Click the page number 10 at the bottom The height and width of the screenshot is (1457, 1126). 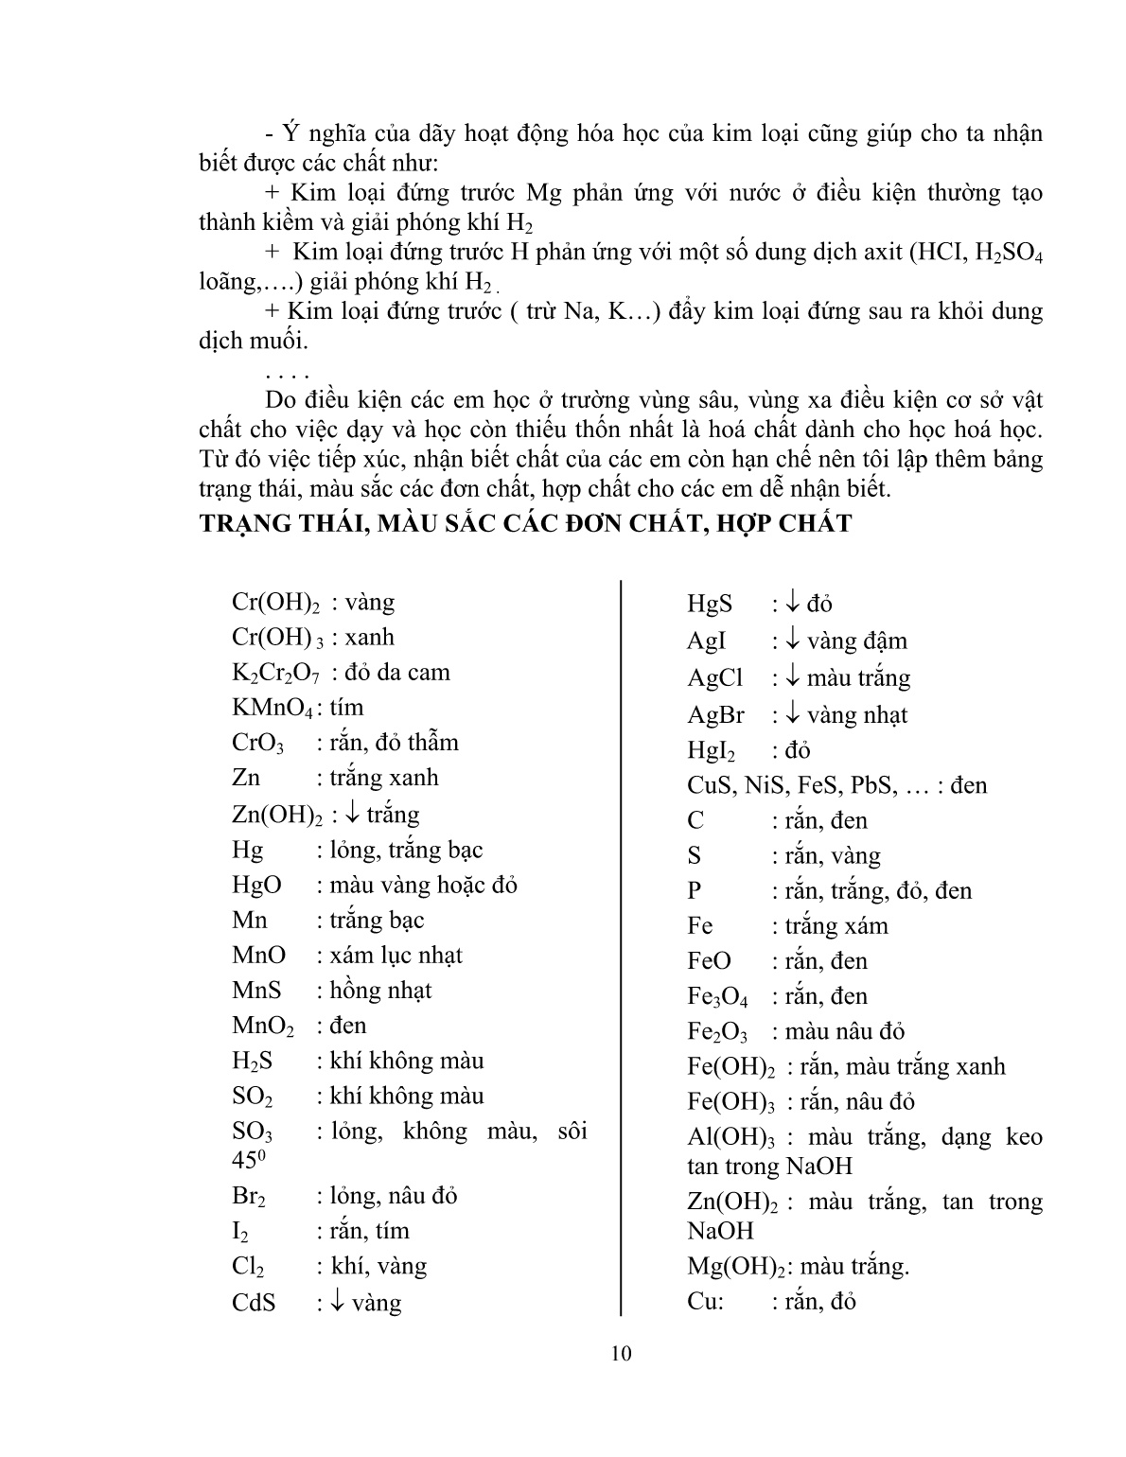[x=621, y=1353]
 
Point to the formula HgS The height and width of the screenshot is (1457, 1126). [x=710, y=604]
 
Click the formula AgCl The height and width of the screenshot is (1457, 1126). [x=714, y=678]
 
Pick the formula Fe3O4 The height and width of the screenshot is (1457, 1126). [x=717, y=997]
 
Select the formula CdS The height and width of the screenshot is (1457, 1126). [x=254, y=1303]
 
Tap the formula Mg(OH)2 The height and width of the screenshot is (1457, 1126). [x=734, y=1267]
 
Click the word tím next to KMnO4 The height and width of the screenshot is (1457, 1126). [x=346, y=708]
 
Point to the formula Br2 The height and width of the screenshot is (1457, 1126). [x=249, y=1197]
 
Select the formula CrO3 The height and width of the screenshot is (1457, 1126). [x=257, y=744]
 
